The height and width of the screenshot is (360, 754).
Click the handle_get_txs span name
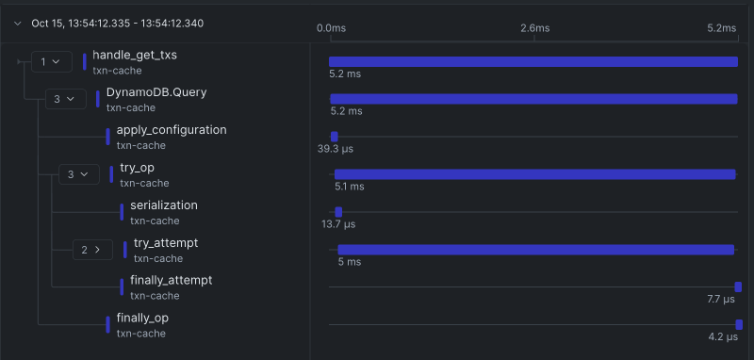pyautogui.click(x=135, y=56)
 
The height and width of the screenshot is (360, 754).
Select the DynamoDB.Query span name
pyautogui.click(x=156, y=92)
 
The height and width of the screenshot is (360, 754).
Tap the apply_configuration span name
pyautogui.click(x=172, y=130)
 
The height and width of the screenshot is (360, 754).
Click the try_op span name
pyautogui.click(x=137, y=168)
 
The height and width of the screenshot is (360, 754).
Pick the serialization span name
pyautogui.click(x=164, y=205)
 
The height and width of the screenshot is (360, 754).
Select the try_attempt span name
pyautogui.click(x=166, y=243)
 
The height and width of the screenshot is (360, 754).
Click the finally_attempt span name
pyautogui.click(x=171, y=280)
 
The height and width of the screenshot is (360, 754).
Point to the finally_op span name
pyautogui.click(x=142, y=318)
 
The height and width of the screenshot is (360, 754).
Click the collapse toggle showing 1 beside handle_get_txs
pyautogui.click(x=51, y=62)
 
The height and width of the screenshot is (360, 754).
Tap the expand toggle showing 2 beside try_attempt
pyautogui.click(x=92, y=250)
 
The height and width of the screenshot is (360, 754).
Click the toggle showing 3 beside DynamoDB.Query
pyautogui.click(x=65, y=99)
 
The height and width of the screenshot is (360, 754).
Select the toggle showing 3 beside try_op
pyautogui.click(x=78, y=174)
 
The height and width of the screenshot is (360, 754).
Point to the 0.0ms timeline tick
pyautogui.click(x=331, y=28)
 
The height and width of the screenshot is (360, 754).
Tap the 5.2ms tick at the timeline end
pyautogui.click(x=721, y=28)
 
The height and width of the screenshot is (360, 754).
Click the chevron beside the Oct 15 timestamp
pyautogui.click(x=17, y=25)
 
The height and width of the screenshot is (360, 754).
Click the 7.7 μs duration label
pyautogui.click(x=720, y=299)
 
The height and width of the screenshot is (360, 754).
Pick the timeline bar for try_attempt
pyautogui.click(x=535, y=250)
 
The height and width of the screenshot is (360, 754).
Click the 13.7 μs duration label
pyautogui.click(x=338, y=224)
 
